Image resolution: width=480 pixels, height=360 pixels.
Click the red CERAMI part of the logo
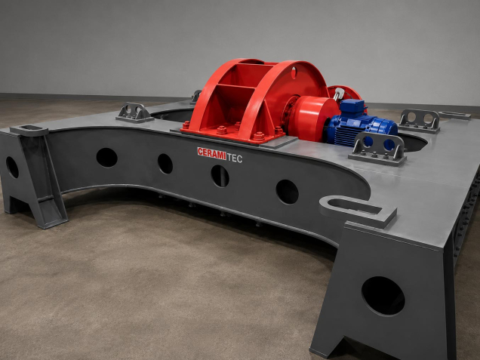pyautogui.click(x=211, y=153)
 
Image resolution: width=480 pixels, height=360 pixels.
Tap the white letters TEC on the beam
pyautogui.click(x=235, y=158)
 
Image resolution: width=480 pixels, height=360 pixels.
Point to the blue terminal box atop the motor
pyautogui.click(x=352, y=106)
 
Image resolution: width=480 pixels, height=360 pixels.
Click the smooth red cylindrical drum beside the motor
pyautogui.click(x=313, y=118)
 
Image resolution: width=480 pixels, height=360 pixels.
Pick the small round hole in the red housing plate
pyautogui.click(x=294, y=73)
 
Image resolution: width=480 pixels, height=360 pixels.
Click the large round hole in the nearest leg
pyautogui.click(x=383, y=296)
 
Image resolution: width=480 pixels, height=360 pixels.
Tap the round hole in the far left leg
pyautogui.click(x=12, y=167)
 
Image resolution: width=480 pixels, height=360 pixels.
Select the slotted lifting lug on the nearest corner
pyautogui.click(x=358, y=211)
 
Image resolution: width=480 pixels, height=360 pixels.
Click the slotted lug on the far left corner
pyautogui.click(x=29, y=131)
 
